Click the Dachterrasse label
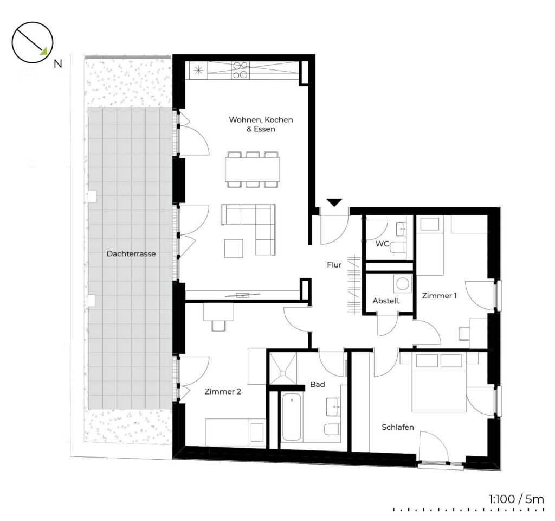131,254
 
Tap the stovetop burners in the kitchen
240,70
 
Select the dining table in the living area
253,169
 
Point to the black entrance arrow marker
334,203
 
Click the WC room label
382,244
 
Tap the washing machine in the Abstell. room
403,283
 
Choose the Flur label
334,265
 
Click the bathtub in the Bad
292,417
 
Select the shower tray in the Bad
283,368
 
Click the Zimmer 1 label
439,296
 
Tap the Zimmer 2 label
223,392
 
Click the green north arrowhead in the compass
43,51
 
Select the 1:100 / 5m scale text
516,499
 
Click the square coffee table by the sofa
234,248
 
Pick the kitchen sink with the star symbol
198,70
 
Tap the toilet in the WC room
398,247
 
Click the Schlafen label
398,427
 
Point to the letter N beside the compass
57,64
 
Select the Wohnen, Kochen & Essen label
261,124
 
